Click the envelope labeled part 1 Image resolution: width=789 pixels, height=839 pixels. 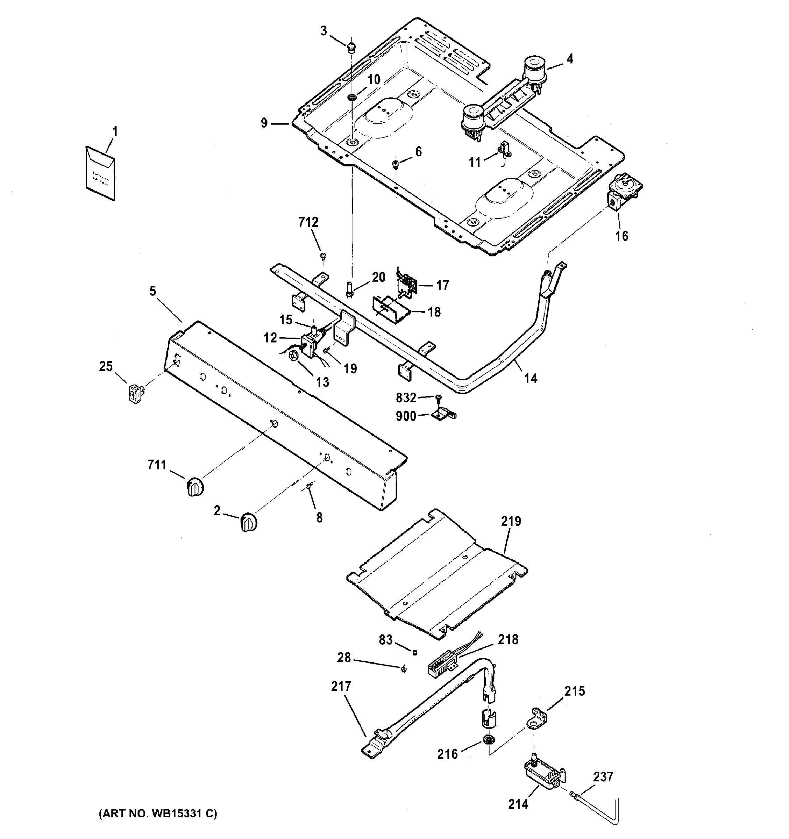(100, 173)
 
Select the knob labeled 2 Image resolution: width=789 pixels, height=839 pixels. (249, 523)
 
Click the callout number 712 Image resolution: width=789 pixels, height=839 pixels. (308, 222)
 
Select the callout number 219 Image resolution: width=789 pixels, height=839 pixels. (511, 522)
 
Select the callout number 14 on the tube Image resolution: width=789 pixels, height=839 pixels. (531, 379)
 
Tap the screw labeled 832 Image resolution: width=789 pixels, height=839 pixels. (438, 397)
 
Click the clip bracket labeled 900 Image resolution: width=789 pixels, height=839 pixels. (443, 415)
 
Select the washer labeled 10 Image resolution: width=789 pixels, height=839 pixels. (351, 98)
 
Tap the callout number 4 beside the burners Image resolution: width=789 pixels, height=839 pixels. (569, 59)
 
